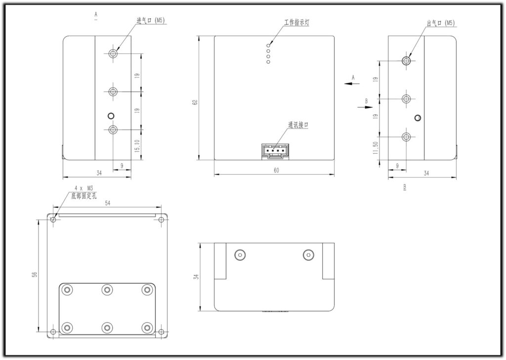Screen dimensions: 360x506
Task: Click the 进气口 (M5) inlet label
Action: tap(151, 21)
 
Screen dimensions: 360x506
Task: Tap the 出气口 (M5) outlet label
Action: tap(441, 23)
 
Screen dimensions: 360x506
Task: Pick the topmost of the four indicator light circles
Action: tap(268, 44)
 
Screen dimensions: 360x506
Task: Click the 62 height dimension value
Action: tap(195, 102)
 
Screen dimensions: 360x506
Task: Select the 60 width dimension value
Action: tap(276, 171)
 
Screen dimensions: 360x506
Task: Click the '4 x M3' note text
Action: tap(84, 188)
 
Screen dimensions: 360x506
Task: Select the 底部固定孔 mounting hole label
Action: tap(84, 196)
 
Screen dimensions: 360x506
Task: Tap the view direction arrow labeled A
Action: tap(352, 84)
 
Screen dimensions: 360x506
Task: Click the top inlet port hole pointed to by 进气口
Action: tap(113, 53)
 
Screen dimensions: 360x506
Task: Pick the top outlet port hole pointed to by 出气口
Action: tap(406, 61)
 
